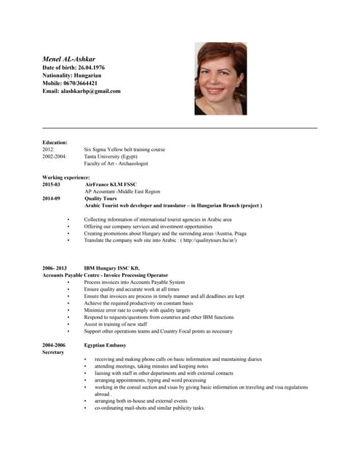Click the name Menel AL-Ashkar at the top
(69, 57)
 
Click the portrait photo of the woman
(220, 78)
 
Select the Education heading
(55, 142)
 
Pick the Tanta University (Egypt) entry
(111, 156)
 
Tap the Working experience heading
(66, 177)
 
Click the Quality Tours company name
(100, 198)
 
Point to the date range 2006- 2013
(55, 268)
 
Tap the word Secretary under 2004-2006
(54, 352)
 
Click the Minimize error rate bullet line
(137, 310)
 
